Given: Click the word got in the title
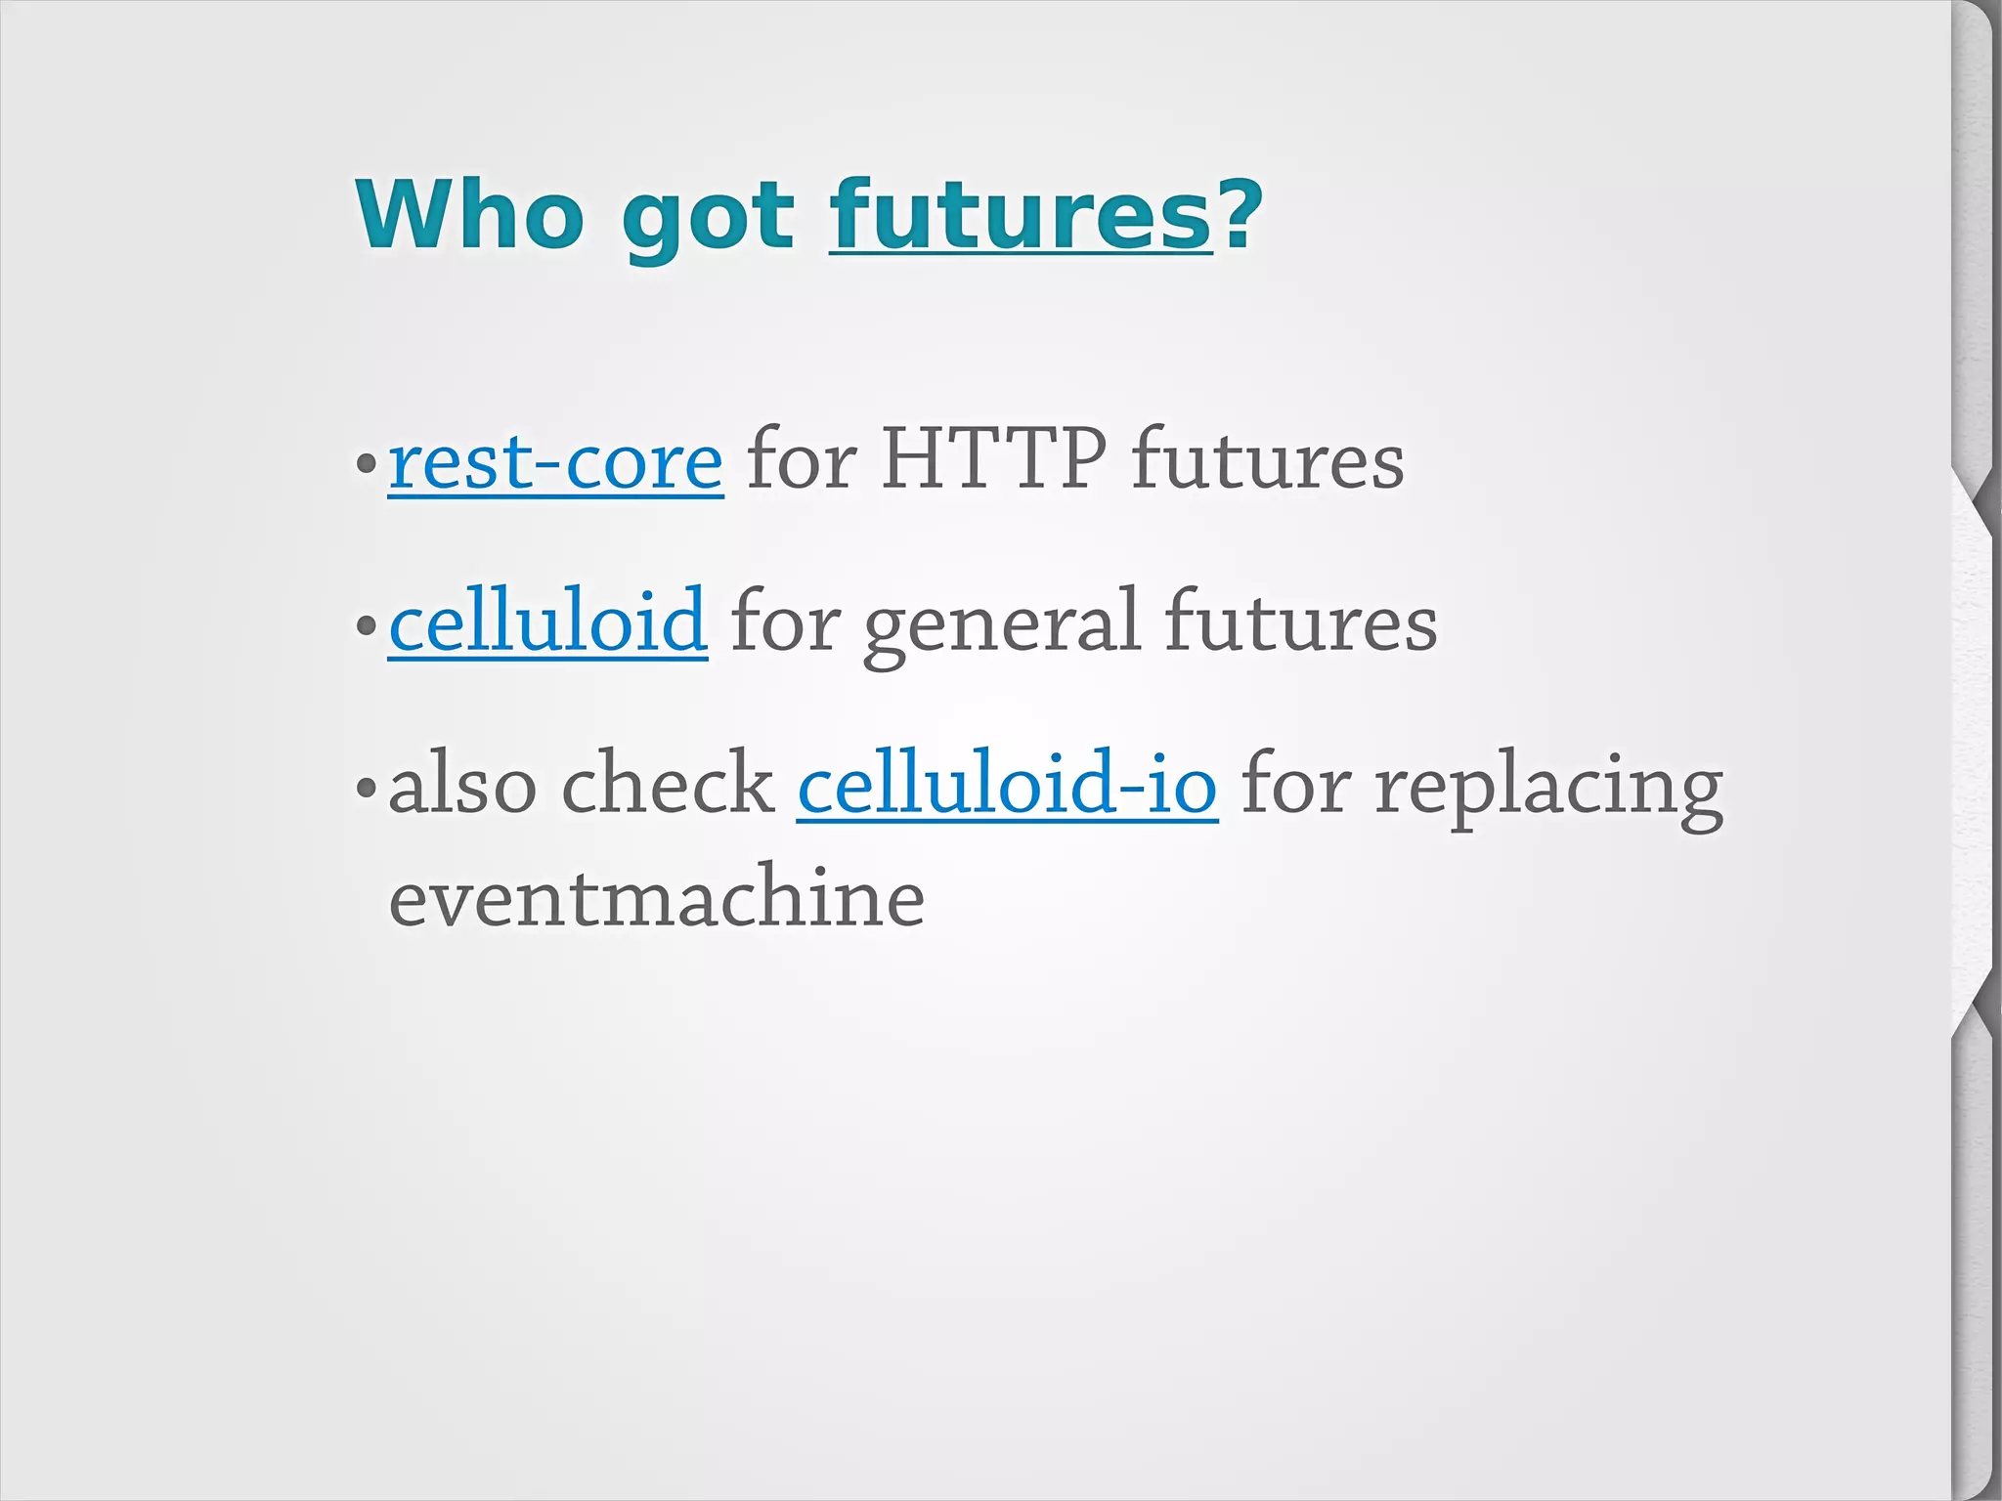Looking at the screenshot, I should [708, 220].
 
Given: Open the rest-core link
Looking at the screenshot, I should [555, 461].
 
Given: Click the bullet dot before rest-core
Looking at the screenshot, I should [367, 463].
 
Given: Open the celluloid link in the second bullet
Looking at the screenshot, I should [547, 622].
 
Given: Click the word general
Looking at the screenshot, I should [1001, 625].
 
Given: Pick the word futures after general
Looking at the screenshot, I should [1300, 622].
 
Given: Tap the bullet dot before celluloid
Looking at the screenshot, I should [367, 624].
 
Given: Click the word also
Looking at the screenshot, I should [462, 784].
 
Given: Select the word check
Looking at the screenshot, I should [668, 784].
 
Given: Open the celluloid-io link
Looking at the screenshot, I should [1007, 784].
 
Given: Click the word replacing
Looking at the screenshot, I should [1548, 788].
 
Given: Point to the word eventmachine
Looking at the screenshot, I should [656, 898].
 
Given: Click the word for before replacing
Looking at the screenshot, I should [1295, 784].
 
